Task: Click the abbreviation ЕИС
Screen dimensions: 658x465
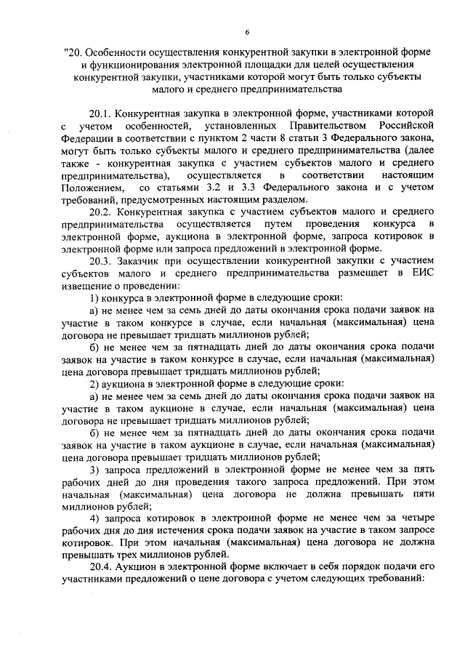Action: coord(424,274)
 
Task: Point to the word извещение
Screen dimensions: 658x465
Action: coord(84,286)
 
